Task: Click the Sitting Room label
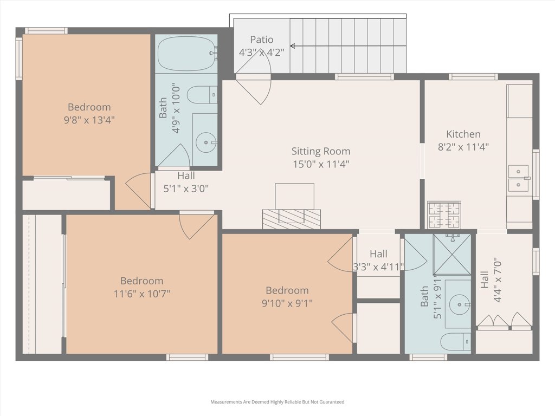tap(321, 151)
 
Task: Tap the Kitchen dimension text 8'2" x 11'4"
tap(463, 147)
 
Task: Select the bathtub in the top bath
tap(186, 54)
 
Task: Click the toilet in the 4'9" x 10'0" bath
tap(202, 95)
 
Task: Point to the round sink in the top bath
tap(206, 142)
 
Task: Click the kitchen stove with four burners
tap(444, 214)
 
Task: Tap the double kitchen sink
tap(519, 178)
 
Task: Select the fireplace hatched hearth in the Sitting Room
tap(291, 219)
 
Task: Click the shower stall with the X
tap(452, 255)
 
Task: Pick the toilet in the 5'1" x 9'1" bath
tap(455, 342)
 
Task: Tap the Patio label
tap(262, 40)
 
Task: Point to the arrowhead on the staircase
tap(292, 46)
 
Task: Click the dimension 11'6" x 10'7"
tap(142, 294)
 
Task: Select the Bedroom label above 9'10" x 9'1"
tap(287, 290)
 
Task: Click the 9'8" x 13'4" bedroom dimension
tap(89, 120)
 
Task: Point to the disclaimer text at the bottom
tap(277, 402)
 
